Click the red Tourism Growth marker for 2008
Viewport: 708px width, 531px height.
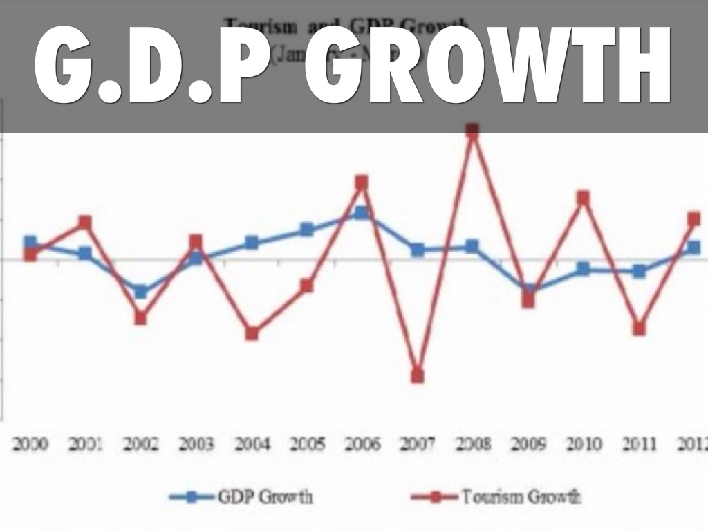(x=472, y=131)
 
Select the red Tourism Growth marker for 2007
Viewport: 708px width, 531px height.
(x=417, y=376)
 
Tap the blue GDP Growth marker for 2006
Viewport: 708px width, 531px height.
(x=362, y=213)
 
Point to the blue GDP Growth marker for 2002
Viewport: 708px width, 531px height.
(x=140, y=292)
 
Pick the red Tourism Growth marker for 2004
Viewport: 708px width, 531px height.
(x=252, y=333)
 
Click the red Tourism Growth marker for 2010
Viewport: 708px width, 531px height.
(x=583, y=198)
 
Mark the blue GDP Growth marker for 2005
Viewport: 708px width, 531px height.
(x=306, y=230)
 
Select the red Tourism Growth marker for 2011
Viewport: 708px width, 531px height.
(x=639, y=328)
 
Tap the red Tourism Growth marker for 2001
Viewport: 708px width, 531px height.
(x=85, y=222)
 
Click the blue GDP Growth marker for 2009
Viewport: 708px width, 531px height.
(x=528, y=290)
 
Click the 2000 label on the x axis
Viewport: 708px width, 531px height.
(x=30, y=444)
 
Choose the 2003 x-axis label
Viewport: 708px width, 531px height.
(x=196, y=444)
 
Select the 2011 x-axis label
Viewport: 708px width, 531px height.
(x=638, y=444)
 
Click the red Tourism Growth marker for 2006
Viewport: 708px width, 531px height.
(x=362, y=183)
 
